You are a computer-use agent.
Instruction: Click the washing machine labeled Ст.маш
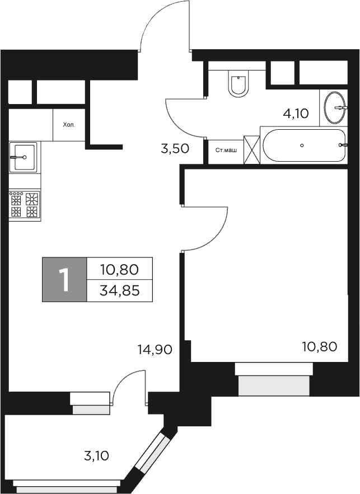[226, 150]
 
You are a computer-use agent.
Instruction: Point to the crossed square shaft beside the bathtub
[252, 150]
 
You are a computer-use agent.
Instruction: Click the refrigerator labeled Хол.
[68, 125]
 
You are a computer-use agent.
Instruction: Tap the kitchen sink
[23, 157]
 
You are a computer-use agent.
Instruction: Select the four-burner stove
[25, 205]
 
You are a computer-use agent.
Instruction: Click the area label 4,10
[296, 114]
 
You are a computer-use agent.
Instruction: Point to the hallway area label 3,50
[174, 149]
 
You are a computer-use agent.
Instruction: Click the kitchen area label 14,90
[154, 349]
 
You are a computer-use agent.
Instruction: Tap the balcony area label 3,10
[96, 456]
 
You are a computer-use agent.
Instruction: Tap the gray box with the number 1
[64, 280]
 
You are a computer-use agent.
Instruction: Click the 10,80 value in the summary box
[120, 269]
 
